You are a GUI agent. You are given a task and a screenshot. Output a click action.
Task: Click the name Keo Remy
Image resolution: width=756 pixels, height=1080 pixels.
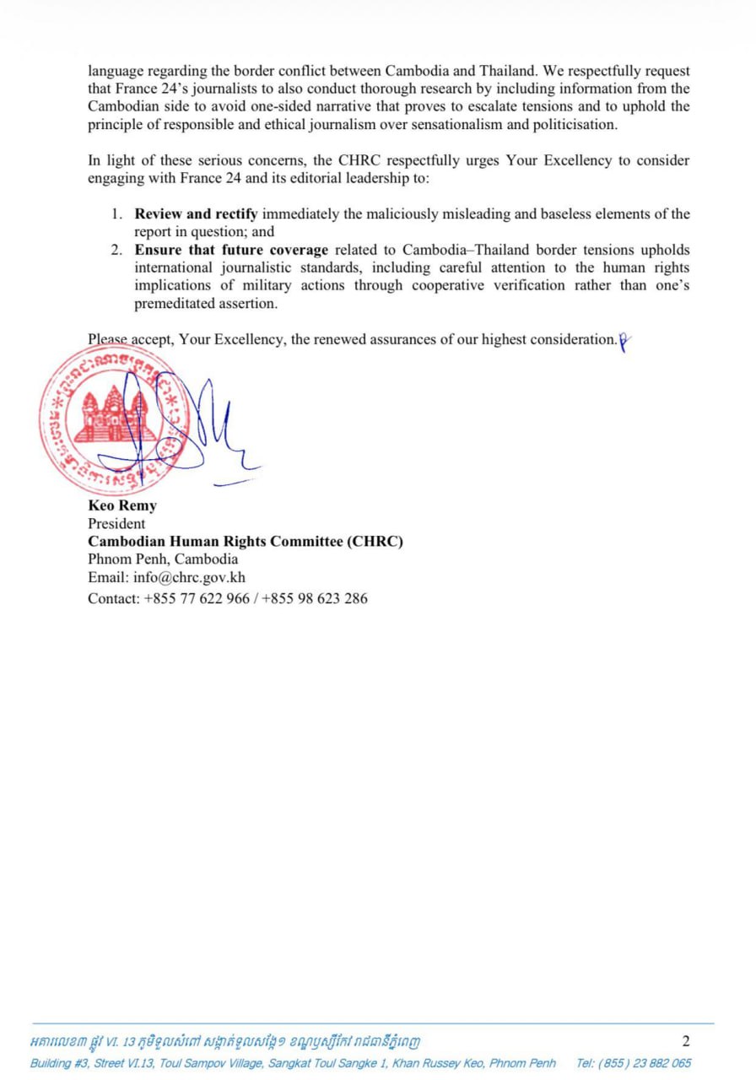click(122, 506)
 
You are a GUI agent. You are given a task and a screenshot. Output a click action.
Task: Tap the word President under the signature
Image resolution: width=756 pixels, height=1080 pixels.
click(116, 524)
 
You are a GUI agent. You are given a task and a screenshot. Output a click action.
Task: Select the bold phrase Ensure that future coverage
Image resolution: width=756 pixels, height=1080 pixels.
click(232, 251)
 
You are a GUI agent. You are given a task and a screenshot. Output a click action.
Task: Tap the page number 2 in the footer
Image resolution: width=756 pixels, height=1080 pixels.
click(685, 1041)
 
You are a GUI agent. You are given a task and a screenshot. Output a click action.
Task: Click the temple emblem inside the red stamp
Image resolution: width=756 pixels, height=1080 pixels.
click(114, 415)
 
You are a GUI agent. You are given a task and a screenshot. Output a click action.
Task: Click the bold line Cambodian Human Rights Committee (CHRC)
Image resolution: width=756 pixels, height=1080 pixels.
click(246, 542)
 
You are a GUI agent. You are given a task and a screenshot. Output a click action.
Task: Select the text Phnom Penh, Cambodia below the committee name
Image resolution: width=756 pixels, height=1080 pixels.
click(163, 559)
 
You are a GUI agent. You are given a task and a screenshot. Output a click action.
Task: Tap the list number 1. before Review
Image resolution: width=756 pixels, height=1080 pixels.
click(119, 214)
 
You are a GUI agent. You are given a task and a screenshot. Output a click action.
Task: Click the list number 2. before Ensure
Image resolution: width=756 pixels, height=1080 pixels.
click(119, 251)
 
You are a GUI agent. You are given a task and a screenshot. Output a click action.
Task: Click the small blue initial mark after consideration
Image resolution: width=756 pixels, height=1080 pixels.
click(624, 341)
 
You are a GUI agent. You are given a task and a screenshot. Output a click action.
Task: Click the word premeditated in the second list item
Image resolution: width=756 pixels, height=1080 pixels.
click(177, 305)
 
